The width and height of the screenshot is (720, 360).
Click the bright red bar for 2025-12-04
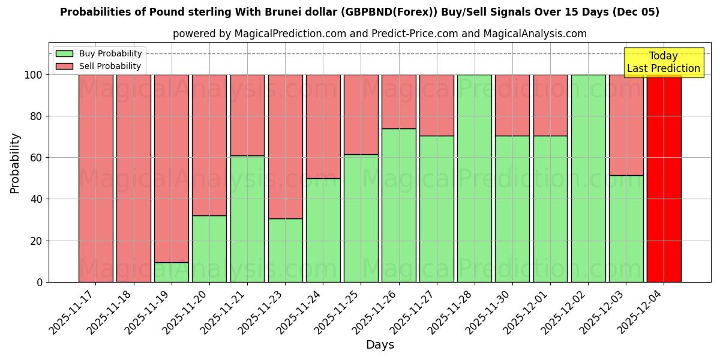coord(664,178)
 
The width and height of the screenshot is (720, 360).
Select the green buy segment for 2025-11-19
coord(172,272)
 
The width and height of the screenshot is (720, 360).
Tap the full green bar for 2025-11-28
coord(475,178)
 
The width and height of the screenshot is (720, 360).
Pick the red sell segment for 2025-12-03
coord(626,125)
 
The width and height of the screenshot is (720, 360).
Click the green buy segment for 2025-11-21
coord(247,218)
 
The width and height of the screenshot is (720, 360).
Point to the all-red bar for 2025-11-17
coord(95,178)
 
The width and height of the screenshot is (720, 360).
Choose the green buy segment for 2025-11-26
coord(399,205)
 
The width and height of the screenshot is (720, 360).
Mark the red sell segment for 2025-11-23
coord(285,146)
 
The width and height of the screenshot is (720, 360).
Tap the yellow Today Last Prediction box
coord(663,62)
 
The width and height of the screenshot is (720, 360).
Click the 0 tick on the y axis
coord(40,282)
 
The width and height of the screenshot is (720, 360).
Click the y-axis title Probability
coord(15,163)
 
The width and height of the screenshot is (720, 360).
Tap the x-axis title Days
coord(380,345)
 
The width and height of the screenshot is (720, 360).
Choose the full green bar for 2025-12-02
coord(588,178)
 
